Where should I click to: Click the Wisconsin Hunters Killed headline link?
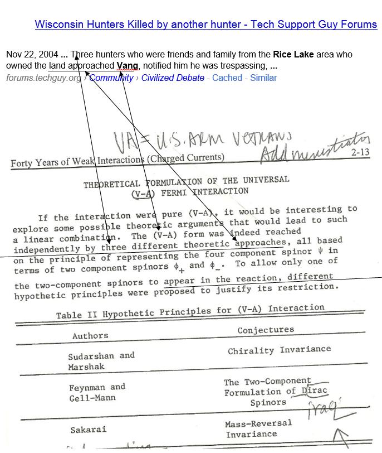[x=205, y=25]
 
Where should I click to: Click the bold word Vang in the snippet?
[x=127, y=66]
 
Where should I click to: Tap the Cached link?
[x=227, y=78]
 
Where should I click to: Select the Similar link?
[x=263, y=78]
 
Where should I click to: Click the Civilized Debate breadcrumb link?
[x=173, y=78]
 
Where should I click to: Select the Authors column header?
[x=90, y=336]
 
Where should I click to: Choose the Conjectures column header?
[x=266, y=330]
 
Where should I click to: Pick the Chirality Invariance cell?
[x=279, y=350]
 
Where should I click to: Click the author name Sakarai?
[x=89, y=430]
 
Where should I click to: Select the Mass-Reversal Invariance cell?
[x=258, y=428]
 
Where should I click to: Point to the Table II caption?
[x=190, y=311]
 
